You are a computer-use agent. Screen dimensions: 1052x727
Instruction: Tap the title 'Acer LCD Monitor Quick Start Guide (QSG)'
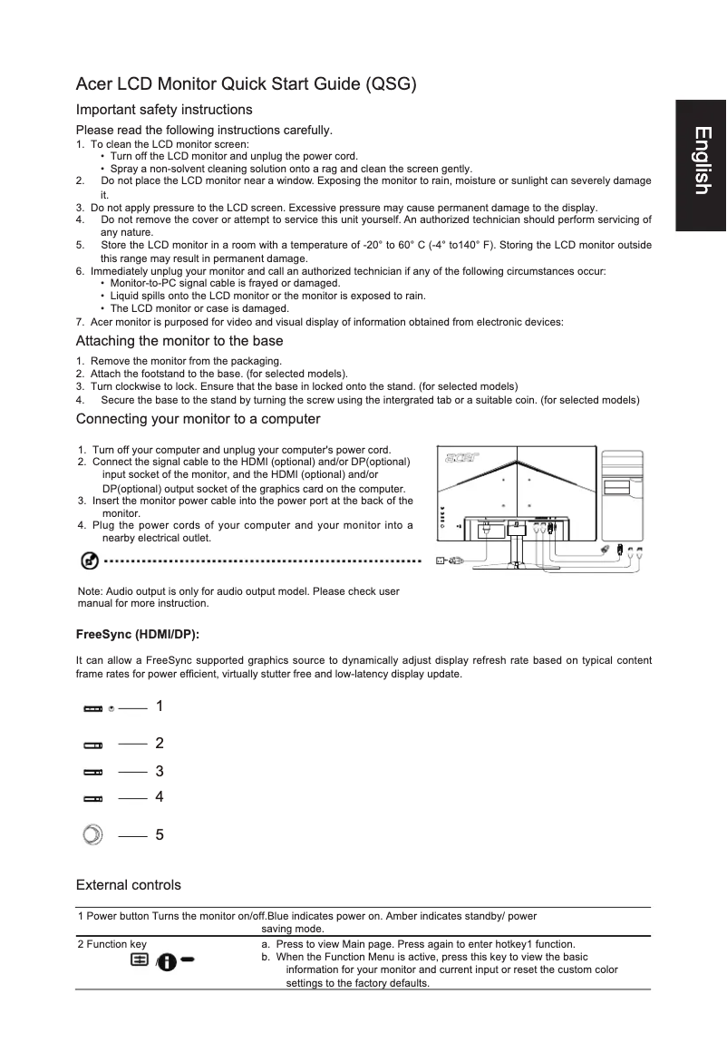click(x=246, y=85)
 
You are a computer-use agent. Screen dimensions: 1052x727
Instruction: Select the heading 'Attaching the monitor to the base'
click(x=179, y=341)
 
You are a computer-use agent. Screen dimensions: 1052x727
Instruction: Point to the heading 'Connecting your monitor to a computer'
click(x=198, y=419)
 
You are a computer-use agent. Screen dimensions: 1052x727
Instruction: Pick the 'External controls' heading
click(x=128, y=884)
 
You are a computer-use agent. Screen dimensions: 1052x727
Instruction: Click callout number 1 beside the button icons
click(x=160, y=706)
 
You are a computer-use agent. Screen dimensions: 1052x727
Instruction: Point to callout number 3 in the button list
click(x=160, y=772)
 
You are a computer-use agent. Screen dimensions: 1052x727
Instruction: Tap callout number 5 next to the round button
click(x=160, y=834)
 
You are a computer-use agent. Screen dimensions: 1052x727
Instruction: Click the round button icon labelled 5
click(x=92, y=834)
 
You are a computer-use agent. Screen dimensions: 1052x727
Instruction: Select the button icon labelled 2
click(x=92, y=745)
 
